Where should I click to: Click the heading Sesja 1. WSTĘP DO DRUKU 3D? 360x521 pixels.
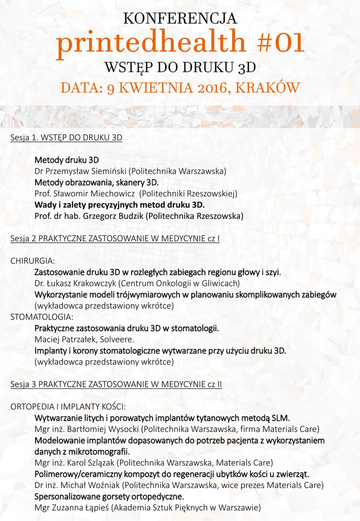[66, 137]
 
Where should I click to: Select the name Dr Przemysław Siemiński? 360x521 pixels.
[80, 171]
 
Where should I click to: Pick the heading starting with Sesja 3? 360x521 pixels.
[116, 384]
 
